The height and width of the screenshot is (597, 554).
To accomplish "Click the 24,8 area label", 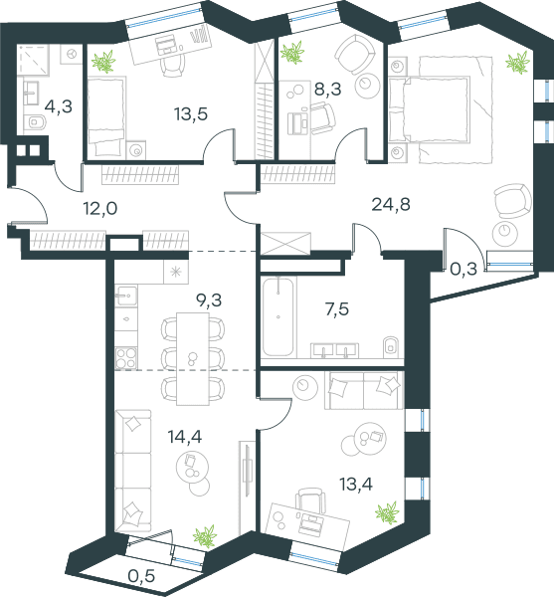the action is pyautogui.click(x=391, y=205).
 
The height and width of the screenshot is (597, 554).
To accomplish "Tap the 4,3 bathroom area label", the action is pyautogui.click(x=59, y=106).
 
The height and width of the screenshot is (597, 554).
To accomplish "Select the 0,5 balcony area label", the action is pyautogui.click(x=141, y=576).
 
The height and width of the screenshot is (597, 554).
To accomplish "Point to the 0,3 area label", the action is pyautogui.click(x=463, y=270).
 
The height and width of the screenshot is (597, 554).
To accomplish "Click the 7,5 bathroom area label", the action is pyautogui.click(x=337, y=309).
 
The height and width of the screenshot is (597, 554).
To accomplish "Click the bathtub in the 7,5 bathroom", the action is pyautogui.click(x=278, y=316).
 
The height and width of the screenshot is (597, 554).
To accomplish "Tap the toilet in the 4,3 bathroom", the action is pyautogui.click(x=37, y=122).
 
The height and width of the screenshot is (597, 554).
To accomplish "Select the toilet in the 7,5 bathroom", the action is pyautogui.click(x=391, y=345).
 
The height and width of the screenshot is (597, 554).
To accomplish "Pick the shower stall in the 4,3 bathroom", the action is pyautogui.click(x=33, y=60).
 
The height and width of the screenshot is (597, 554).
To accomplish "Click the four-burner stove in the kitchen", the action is pyautogui.click(x=126, y=358).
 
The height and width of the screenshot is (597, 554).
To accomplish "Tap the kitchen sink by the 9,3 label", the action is pyautogui.click(x=126, y=295).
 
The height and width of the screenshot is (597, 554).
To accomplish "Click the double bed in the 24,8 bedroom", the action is pyautogui.click(x=430, y=109).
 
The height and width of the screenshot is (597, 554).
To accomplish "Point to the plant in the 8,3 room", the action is pyautogui.click(x=292, y=52).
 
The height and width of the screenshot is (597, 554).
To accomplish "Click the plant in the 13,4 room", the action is pyautogui.click(x=387, y=512).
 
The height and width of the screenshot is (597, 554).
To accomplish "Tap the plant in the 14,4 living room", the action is pyautogui.click(x=204, y=536).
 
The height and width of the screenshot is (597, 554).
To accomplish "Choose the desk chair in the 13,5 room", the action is pyautogui.click(x=173, y=65).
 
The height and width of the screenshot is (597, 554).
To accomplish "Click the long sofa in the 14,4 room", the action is pyautogui.click(x=133, y=471).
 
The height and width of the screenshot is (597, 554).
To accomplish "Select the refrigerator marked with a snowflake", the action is pyautogui.click(x=176, y=272).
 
